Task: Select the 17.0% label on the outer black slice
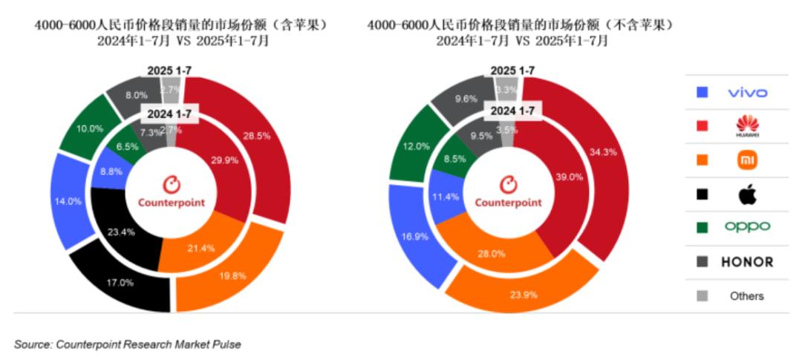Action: [120, 282]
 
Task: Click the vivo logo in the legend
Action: [747, 93]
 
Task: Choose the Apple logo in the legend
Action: [747, 194]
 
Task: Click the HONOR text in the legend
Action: [747, 262]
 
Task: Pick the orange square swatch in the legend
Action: [702, 160]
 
